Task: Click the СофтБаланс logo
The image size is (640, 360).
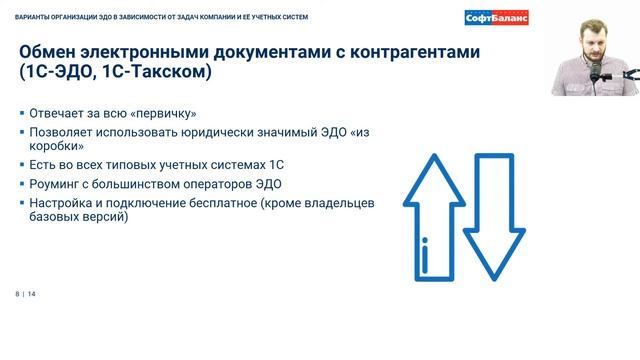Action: pyautogui.click(x=497, y=17)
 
